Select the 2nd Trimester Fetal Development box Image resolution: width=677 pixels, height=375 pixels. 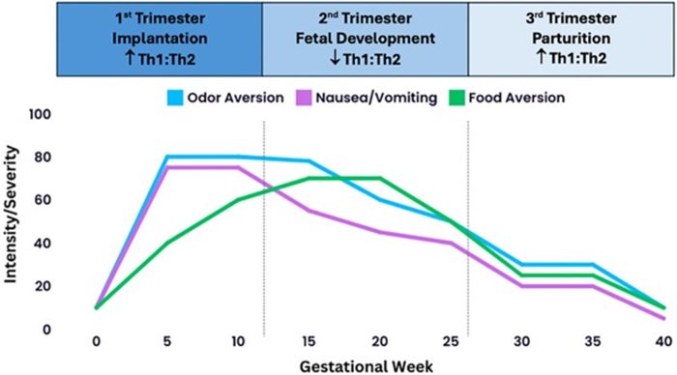coord(366,39)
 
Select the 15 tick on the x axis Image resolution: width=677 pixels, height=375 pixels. coord(309,341)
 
